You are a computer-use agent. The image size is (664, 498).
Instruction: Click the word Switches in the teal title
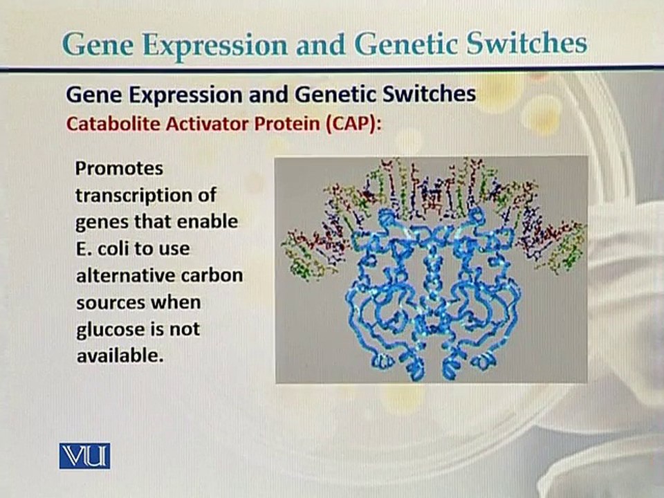[526, 43]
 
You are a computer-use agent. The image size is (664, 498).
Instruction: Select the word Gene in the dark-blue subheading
[94, 94]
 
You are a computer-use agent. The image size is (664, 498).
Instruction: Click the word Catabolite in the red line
[113, 124]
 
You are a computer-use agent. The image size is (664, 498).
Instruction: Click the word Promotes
[119, 169]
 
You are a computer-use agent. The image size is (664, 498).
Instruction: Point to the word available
[120, 356]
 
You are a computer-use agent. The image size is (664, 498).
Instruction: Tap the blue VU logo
[84, 456]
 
